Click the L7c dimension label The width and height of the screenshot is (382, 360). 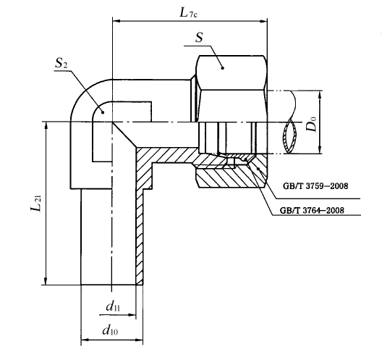(188, 13)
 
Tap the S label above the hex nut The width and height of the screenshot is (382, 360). (199, 38)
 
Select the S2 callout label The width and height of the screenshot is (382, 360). (61, 63)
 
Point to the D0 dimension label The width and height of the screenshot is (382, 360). (312, 124)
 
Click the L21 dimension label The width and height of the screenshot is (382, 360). (36, 203)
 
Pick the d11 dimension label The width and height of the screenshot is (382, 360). (113, 306)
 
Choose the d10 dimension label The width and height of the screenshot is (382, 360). (110, 330)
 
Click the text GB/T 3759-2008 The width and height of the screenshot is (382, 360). (315, 186)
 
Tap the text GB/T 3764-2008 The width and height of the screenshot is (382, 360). (312, 210)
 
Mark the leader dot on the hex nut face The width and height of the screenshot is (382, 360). (222, 68)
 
